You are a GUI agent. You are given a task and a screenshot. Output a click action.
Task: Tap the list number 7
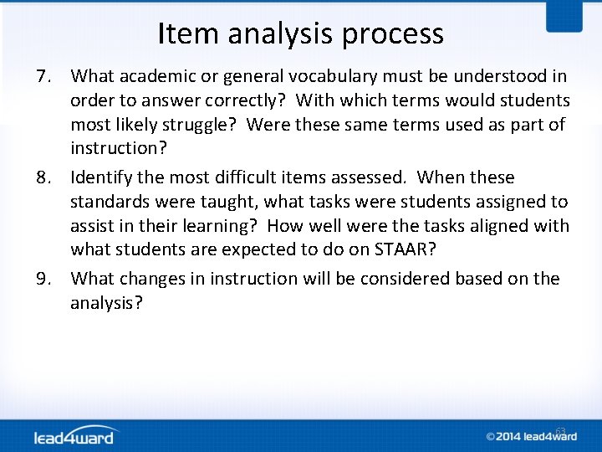click(47, 77)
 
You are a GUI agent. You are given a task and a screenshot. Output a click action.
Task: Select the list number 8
click(47, 177)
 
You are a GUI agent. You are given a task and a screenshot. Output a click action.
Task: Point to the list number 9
click(47, 278)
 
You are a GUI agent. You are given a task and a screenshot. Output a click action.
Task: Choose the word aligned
click(500, 226)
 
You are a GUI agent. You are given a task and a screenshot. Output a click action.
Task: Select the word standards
click(108, 202)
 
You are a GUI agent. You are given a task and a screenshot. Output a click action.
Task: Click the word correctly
click(243, 101)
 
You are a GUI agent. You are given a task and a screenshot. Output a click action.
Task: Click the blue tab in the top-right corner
click(564, 15)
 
